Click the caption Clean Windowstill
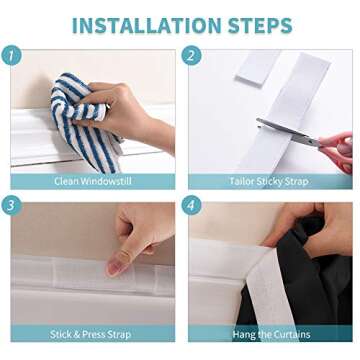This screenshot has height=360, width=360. [x=91, y=182]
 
